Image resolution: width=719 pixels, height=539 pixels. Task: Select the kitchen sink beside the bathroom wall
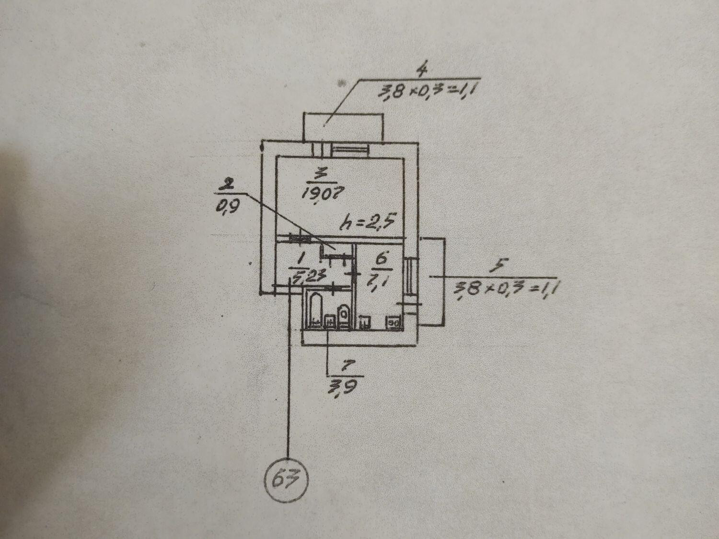365,322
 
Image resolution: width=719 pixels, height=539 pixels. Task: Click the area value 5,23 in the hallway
302,276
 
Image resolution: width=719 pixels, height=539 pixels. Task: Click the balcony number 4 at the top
422,70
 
